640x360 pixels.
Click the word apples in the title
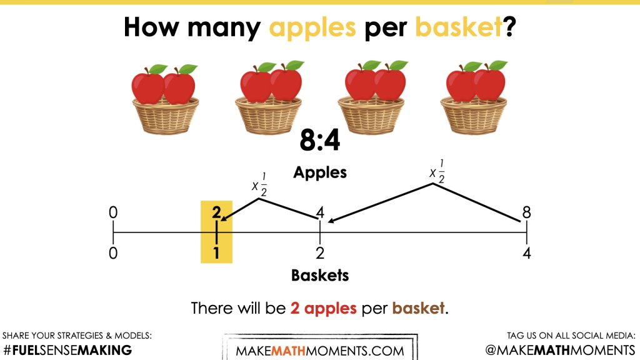pos(312,28)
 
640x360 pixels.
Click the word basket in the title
pos(458,27)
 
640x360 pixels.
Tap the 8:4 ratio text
pos(319,139)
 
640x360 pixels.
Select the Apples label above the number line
pos(320,173)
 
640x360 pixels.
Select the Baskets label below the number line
pos(320,276)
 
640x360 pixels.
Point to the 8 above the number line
pos(526,212)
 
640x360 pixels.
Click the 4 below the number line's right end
pos(526,253)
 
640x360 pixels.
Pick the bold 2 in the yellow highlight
pos(216,212)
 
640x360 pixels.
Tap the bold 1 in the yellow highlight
pos(216,253)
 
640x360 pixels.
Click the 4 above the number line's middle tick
pos(321,212)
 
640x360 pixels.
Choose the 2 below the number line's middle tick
pos(320,253)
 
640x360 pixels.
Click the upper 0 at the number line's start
pos(113,212)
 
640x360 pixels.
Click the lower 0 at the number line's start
pos(113,253)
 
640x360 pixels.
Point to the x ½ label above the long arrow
pos(437,171)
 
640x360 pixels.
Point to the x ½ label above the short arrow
pos(259,184)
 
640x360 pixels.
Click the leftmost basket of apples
pos(165,99)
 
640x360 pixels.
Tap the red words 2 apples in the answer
pos(323,308)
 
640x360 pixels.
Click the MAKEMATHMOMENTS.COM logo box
pos(320,347)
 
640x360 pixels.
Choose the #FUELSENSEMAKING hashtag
pos(67,350)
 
